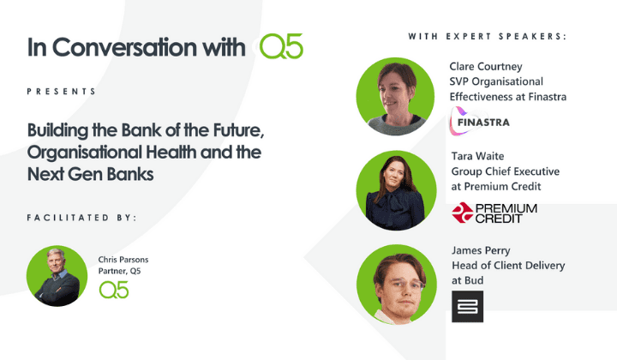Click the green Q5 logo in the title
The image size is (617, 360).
[282, 48]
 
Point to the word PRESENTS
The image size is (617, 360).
[62, 91]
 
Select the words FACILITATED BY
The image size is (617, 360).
[81, 218]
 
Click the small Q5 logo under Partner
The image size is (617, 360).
[114, 291]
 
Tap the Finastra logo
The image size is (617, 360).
[480, 121]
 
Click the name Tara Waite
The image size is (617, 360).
[476, 156]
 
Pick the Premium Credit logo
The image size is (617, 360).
[494, 213]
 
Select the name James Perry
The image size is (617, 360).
[481, 249]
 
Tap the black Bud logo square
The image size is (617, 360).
[467, 306]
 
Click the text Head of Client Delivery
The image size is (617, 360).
[507, 266]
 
